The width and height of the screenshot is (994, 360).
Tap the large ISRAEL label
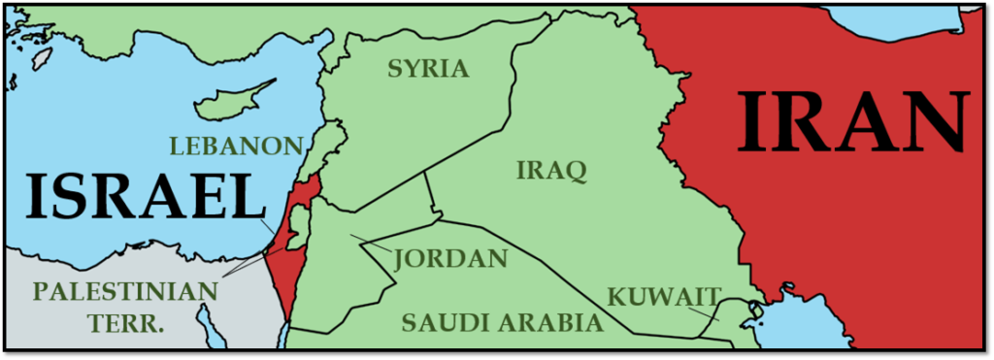(145, 199)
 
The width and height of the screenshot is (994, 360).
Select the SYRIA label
(428, 69)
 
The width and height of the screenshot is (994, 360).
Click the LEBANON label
(237, 147)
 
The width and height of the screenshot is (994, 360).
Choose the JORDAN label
(451, 259)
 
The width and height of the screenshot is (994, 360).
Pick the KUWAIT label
(664, 296)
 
